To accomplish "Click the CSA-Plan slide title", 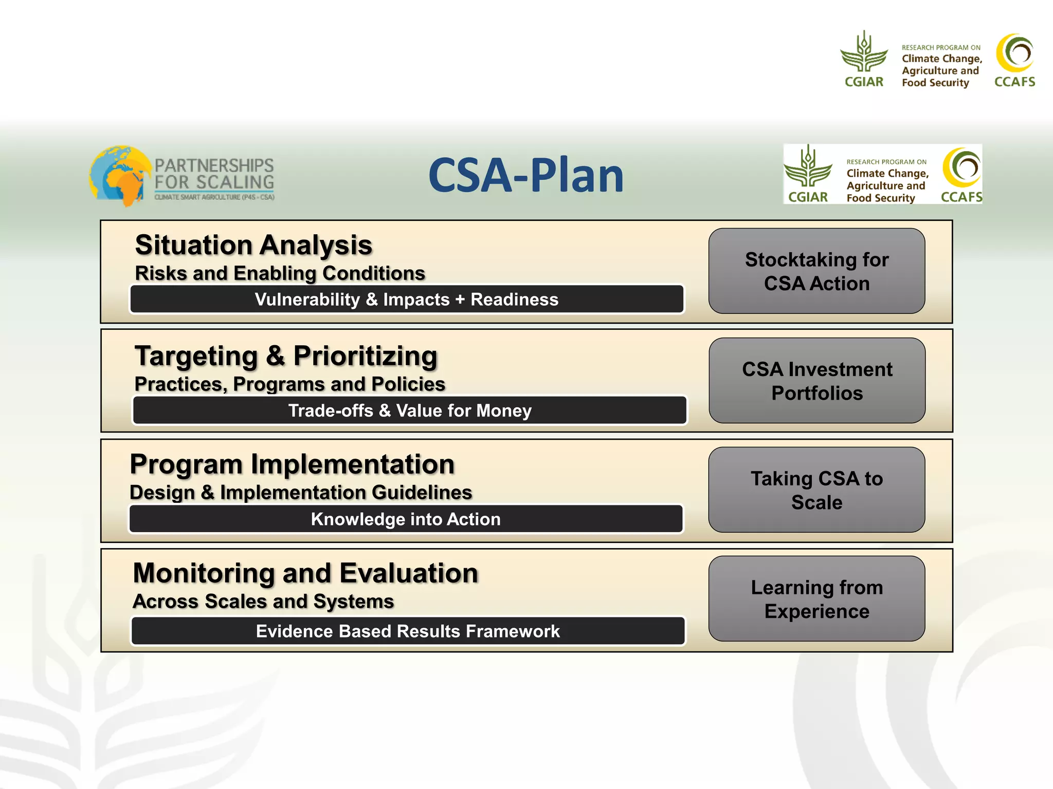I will click(525, 176).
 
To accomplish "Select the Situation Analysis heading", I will click(253, 245).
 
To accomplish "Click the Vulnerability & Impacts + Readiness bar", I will click(406, 299).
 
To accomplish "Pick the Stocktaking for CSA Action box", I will click(816, 271).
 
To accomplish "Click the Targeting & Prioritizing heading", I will click(286, 356).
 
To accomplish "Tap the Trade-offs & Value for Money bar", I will click(409, 410).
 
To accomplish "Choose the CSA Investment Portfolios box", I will click(816, 381).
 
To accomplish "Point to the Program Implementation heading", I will click(292, 464).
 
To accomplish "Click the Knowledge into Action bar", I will click(405, 519).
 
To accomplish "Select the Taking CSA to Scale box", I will click(816, 490).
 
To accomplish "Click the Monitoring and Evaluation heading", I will click(305, 573).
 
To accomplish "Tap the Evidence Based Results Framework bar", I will click(407, 631).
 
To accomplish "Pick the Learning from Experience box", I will click(816, 599).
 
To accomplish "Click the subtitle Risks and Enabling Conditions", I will click(280, 273).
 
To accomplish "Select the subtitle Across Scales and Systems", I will click(263, 602).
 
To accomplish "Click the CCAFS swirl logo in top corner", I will click(1014, 53).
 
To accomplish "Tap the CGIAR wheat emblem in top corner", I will click(864, 53).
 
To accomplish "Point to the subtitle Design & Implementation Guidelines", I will click(301, 493).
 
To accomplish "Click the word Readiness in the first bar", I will click(514, 299).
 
